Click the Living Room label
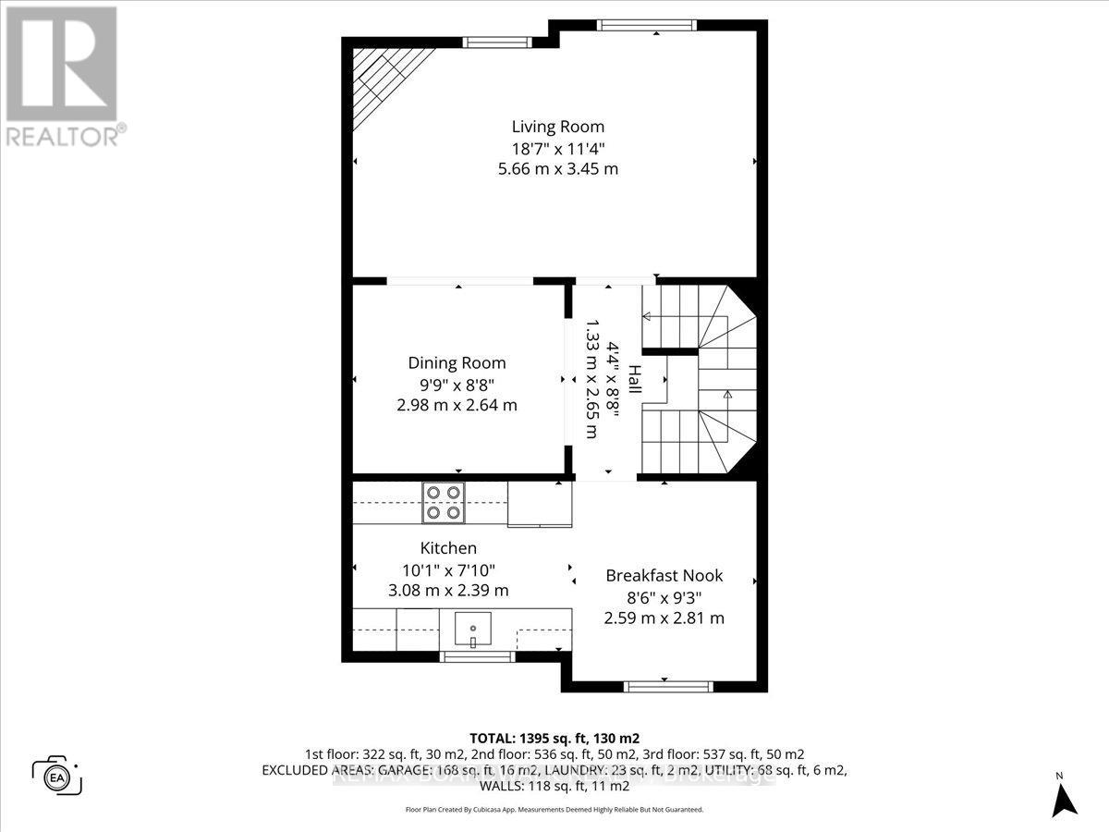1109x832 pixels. pyautogui.click(x=558, y=127)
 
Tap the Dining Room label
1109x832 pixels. pyautogui.click(x=457, y=363)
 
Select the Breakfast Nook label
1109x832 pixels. pyautogui.click(x=664, y=575)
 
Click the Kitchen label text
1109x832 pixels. pyautogui.click(x=448, y=548)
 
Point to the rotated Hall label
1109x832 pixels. pyautogui.click(x=635, y=381)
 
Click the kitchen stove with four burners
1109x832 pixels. pyautogui.click(x=442, y=503)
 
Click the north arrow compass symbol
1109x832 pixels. pyautogui.click(x=1066, y=796)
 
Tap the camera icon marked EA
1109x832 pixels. pyautogui.click(x=56, y=774)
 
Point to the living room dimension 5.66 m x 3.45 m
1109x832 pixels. pyautogui.click(x=558, y=169)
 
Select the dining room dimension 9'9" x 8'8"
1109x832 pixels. pyautogui.click(x=457, y=384)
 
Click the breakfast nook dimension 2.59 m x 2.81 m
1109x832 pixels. pyautogui.click(x=664, y=618)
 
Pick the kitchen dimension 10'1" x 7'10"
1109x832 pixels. pyautogui.click(x=448, y=569)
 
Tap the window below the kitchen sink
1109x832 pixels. pyautogui.click(x=477, y=656)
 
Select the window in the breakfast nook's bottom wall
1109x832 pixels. pyautogui.click(x=668, y=686)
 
